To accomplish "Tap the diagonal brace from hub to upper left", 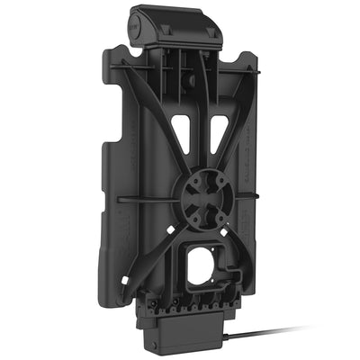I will [144, 126].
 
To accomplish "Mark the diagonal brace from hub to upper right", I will [238, 135].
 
